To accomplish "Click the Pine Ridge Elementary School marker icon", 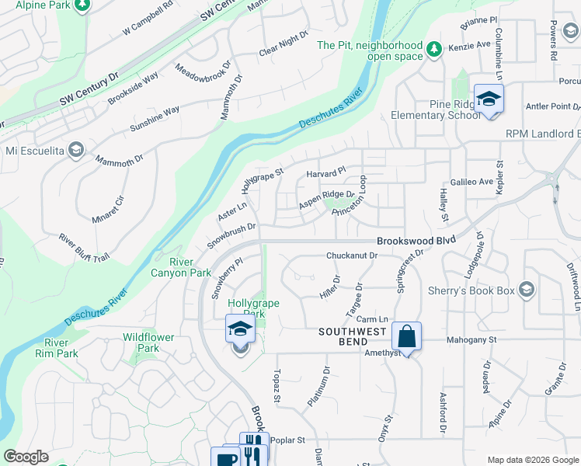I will click(x=489, y=99).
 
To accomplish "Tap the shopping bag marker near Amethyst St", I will click(x=406, y=336).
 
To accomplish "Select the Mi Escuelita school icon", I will click(x=75, y=149).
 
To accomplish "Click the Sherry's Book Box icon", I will click(x=527, y=290).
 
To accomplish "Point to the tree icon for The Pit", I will click(x=434, y=50).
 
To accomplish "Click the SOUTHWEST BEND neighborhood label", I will click(x=352, y=332).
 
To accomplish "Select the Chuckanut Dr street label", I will click(x=351, y=255).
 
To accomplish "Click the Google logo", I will click(x=26, y=457).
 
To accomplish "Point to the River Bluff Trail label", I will click(x=85, y=247).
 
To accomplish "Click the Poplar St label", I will click(x=289, y=440).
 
